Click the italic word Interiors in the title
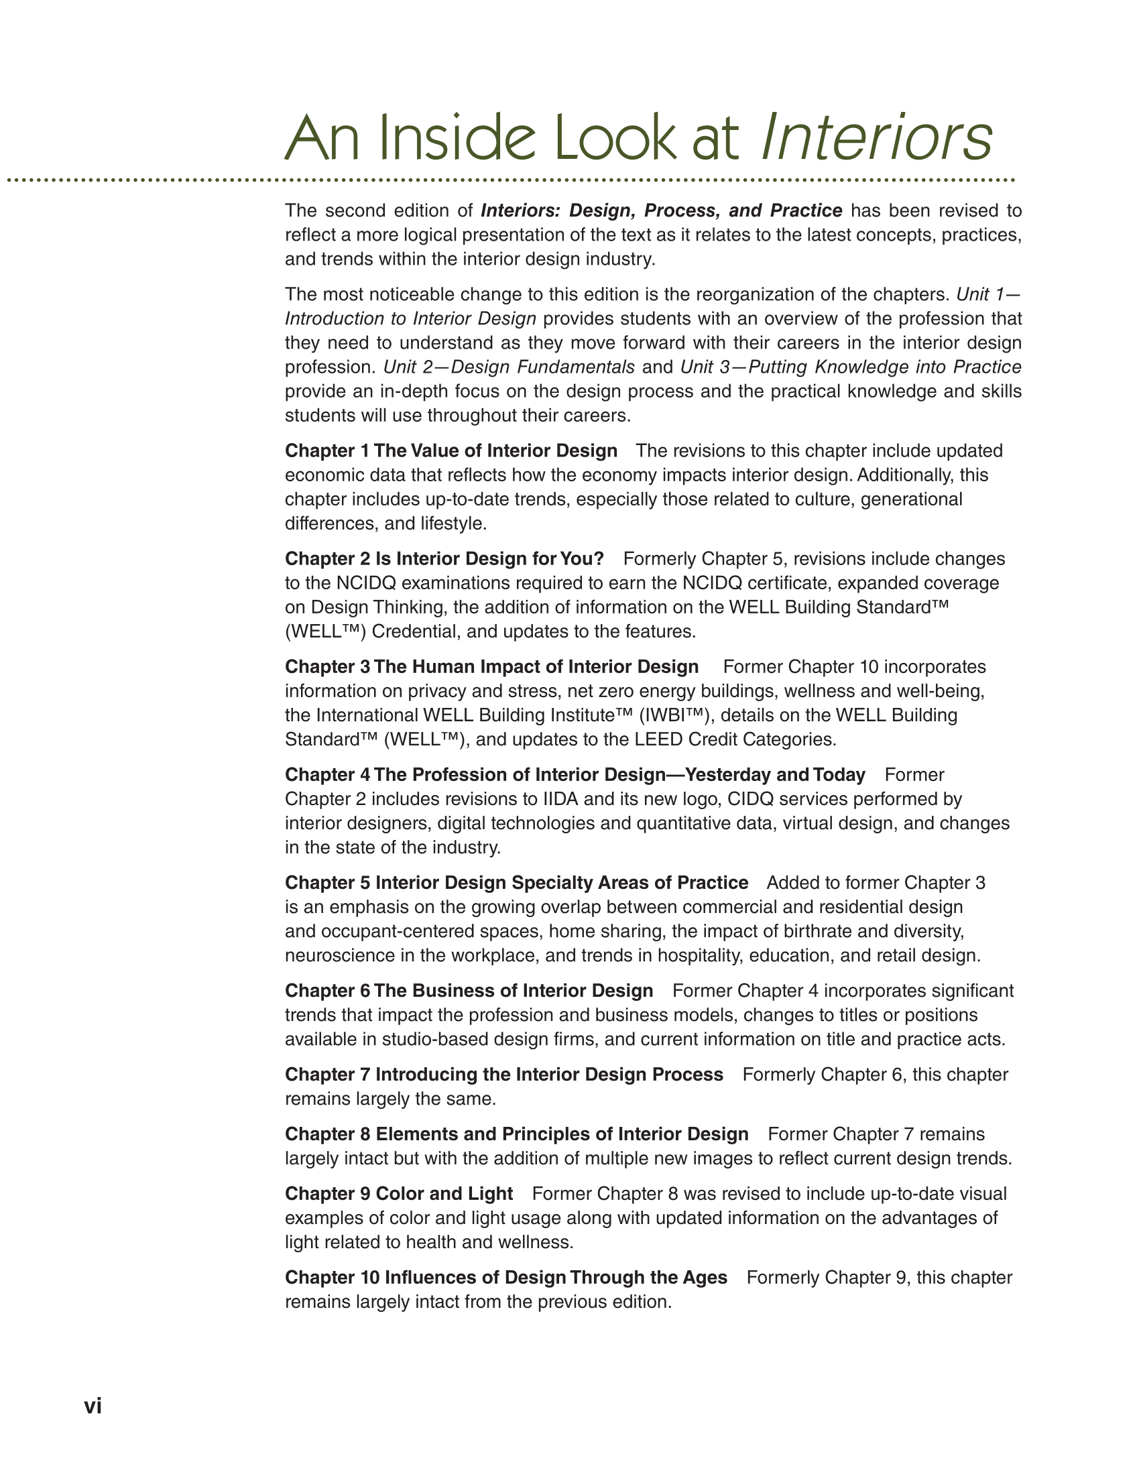(x=877, y=137)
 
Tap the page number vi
(x=93, y=1406)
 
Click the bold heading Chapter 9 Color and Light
(x=399, y=1193)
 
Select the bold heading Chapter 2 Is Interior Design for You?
(x=444, y=558)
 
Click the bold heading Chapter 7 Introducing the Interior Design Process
(x=503, y=1075)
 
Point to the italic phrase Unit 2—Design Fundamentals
(x=509, y=367)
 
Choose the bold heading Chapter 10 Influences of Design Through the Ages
(x=505, y=1278)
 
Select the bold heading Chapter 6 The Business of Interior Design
(x=469, y=991)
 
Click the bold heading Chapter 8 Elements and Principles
(x=516, y=1134)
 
